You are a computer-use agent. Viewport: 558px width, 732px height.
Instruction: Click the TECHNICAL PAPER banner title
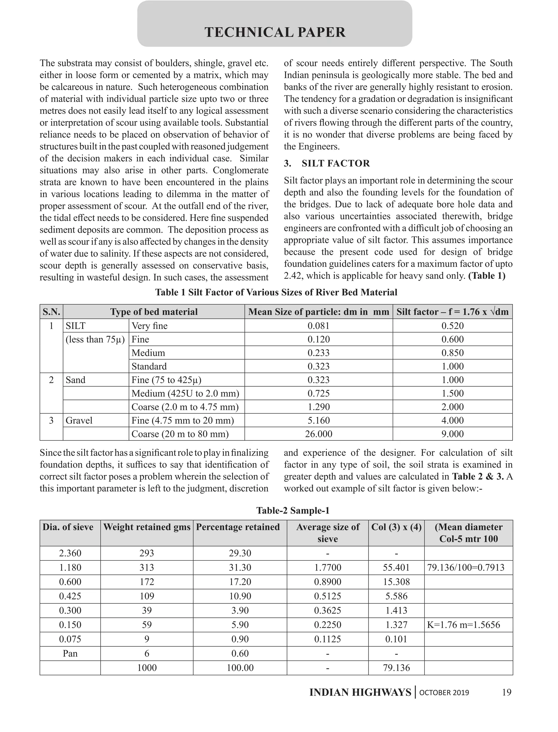point(275,32)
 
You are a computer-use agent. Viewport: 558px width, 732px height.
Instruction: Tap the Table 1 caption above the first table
point(276,292)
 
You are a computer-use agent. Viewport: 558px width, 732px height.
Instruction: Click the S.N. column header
point(51,312)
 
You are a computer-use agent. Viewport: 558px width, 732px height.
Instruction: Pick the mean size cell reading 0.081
point(318,326)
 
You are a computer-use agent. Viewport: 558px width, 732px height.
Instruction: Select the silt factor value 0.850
point(452,353)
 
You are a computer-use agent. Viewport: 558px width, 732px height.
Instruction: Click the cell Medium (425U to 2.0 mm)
point(185,394)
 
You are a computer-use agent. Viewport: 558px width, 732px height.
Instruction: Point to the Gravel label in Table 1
point(79,420)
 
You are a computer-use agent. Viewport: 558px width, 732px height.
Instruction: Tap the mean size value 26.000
point(318,434)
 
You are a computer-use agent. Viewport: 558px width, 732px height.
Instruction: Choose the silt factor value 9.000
point(452,434)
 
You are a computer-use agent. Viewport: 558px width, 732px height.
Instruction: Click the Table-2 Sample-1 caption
point(293,510)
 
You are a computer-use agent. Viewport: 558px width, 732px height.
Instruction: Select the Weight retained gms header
point(147,527)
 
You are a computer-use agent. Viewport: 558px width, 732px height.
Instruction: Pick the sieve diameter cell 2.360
point(70,553)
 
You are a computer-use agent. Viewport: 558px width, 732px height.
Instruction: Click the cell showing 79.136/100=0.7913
point(465,567)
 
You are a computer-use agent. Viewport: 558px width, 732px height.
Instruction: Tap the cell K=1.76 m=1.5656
point(463,625)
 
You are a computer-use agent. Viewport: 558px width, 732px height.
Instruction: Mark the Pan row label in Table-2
point(70,653)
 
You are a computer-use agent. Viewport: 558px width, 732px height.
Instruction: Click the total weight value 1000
point(147,668)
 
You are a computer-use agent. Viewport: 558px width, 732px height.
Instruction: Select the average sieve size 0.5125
point(327,596)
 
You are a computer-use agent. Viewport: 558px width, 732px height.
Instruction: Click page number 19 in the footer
point(507,692)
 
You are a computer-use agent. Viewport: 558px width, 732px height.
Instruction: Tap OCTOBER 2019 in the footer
point(444,693)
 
